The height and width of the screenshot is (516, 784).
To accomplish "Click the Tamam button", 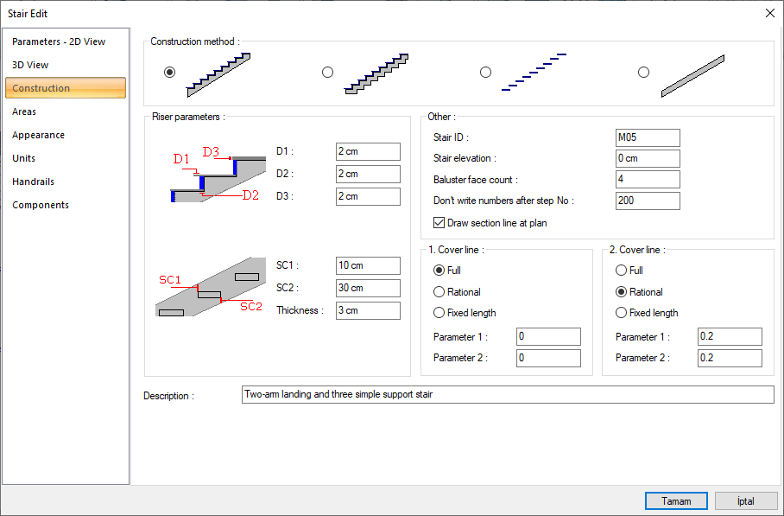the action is (676, 501).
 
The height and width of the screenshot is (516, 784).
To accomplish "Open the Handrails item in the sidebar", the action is (33, 182).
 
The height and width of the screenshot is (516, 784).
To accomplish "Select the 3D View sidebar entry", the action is (30, 65).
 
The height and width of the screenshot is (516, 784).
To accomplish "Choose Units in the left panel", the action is (23, 158).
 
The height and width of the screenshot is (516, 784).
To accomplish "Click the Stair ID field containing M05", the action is (648, 137).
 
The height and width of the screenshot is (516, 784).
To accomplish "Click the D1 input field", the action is (368, 151).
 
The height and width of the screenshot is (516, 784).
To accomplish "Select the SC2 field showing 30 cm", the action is (368, 289).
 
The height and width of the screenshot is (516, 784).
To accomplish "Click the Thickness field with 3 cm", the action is (368, 310).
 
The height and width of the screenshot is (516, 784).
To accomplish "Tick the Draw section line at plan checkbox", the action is (439, 223).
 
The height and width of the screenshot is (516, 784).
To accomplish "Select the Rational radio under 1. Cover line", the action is (439, 292).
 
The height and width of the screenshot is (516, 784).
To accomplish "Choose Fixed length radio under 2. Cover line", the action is (621, 313).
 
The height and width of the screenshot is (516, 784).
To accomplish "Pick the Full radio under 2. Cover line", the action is (621, 271).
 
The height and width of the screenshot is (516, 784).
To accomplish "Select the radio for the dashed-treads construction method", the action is (485, 72).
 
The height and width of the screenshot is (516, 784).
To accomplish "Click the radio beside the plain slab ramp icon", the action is (643, 72).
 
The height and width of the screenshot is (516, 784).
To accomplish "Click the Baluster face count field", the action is (648, 179).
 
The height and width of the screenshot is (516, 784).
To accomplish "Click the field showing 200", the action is (648, 201).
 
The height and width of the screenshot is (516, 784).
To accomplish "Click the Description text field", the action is (508, 394).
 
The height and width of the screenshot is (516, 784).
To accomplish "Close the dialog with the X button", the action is (770, 13).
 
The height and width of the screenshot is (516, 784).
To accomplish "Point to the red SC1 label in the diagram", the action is (170, 279).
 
